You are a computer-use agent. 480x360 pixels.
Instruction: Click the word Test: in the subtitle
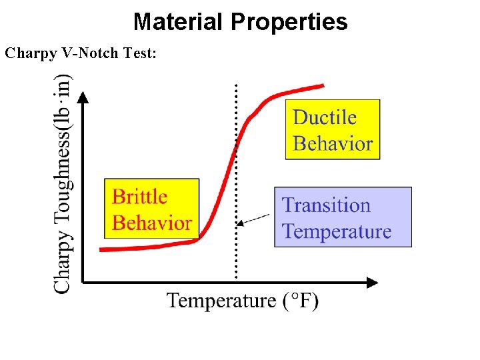point(140,53)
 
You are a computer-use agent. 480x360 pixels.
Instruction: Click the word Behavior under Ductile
point(333,143)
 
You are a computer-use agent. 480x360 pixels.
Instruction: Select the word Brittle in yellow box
point(139,197)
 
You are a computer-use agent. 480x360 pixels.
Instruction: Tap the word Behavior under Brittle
point(152,223)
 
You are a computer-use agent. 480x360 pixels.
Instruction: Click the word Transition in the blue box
point(326,205)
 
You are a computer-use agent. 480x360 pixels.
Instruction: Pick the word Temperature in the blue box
point(337,231)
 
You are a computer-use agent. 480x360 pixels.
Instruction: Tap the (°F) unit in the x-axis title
point(299,301)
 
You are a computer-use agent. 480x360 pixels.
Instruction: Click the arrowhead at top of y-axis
point(83,97)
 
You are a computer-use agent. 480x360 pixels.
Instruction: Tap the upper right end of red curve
point(323,85)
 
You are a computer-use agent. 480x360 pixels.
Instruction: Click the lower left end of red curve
point(101,249)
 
